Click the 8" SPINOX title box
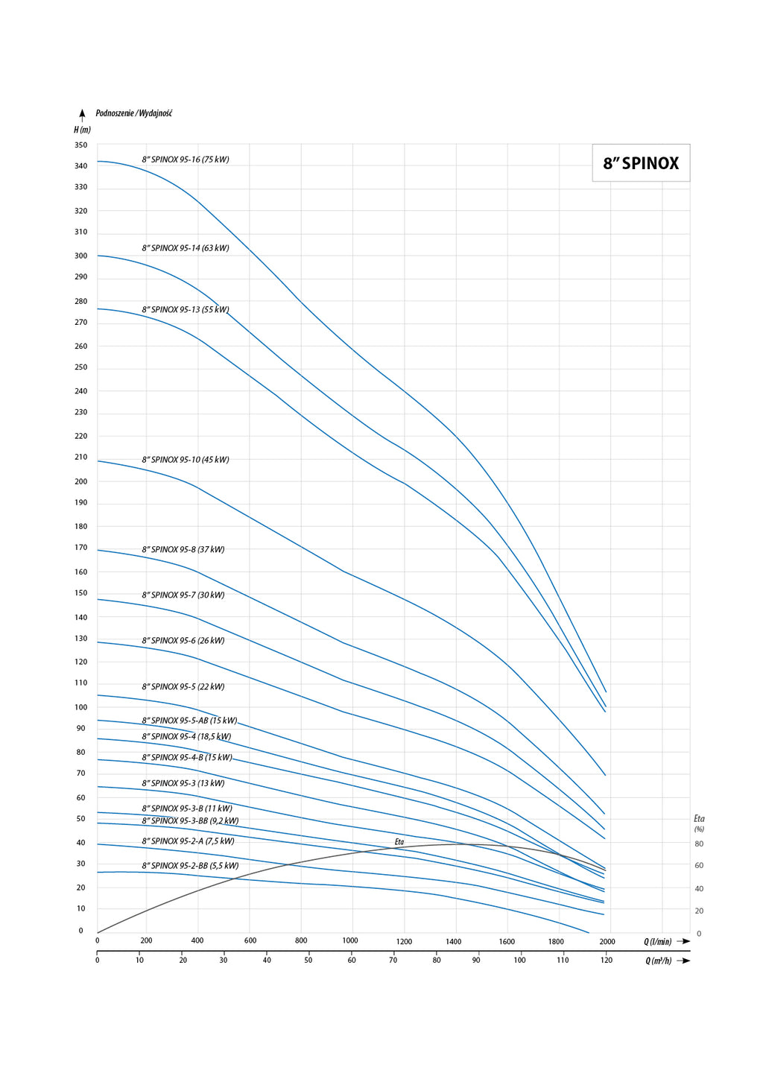[x=641, y=163]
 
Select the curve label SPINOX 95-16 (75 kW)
[x=186, y=159]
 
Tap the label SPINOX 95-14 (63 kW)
[x=186, y=248]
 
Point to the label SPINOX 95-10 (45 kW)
[x=186, y=460]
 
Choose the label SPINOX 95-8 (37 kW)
[x=183, y=550]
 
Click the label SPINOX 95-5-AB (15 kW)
[x=189, y=721]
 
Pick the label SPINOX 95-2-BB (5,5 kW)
[x=190, y=866]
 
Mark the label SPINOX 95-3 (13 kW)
[x=183, y=783]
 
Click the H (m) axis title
[x=82, y=130]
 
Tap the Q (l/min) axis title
[x=658, y=942]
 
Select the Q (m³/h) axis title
[x=659, y=961]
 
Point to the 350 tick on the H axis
[x=80, y=145]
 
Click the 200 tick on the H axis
[x=80, y=481]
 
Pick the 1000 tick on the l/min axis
[x=350, y=940]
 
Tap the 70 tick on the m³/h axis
[x=393, y=960]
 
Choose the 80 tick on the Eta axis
[x=699, y=844]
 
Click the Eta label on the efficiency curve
[x=399, y=842]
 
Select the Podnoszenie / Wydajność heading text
[x=134, y=113]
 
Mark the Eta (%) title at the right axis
[x=699, y=823]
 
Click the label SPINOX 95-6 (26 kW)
[x=183, y=641]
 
